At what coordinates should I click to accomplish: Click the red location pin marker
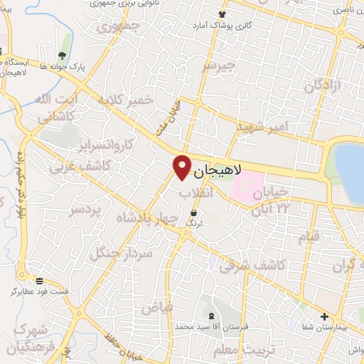tap(182, 166)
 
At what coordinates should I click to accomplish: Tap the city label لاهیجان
tap(218, 171)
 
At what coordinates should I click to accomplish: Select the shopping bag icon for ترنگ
tap(194, 213)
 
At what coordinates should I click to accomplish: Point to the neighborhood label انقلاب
tap(191, 193)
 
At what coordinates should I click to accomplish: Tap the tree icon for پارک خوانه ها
tap(63, 55)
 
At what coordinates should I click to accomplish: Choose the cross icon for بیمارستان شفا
tap(324, 316)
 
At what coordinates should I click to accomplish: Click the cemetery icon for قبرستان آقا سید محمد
tap(210, 315)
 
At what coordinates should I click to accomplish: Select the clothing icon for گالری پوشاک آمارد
tap(222, 14)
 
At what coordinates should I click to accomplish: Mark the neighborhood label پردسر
tap(84, 211)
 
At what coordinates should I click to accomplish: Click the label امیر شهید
tap(262, 126)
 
